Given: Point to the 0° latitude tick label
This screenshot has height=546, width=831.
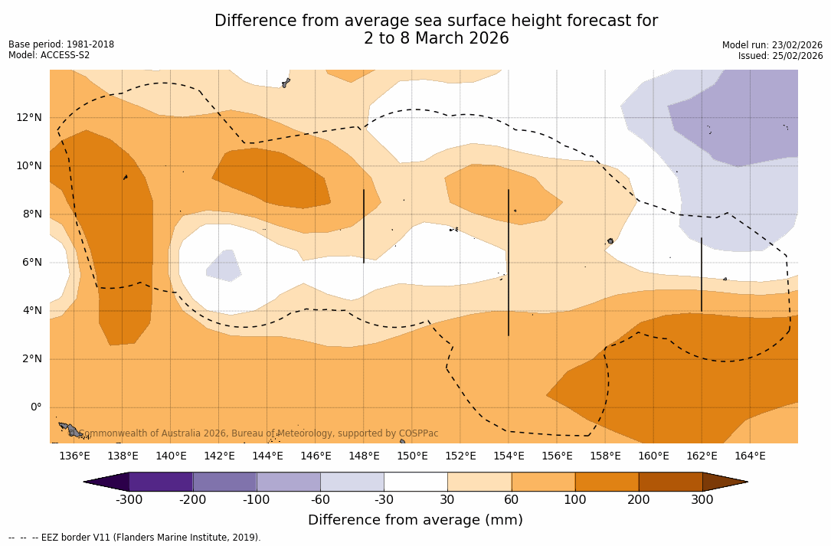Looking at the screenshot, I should pos(35,407).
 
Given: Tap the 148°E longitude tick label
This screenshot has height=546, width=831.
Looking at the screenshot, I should pos(364,456).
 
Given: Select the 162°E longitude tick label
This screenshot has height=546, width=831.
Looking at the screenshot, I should pos(702,456).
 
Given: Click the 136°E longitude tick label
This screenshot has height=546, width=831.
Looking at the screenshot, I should pos(74,456).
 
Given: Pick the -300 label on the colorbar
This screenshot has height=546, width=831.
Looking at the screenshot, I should pos(129,500).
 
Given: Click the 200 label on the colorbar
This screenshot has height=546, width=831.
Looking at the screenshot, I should pos(639,500).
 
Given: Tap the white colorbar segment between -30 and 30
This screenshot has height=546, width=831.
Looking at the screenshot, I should pos(416,482).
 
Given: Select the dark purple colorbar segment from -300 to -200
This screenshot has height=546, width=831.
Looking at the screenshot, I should pos(161,482).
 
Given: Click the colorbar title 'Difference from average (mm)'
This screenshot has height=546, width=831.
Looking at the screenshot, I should pos(415,521).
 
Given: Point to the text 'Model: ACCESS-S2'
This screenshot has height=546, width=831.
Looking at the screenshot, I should pos(49,55).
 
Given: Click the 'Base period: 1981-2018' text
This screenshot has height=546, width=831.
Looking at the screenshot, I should pos(61,44).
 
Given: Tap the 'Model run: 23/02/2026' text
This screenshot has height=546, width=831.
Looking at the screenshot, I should pos(772,45).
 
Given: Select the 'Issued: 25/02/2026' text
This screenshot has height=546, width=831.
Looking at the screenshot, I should pos(780,56).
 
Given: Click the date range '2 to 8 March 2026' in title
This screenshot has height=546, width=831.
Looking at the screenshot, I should pos(436,39).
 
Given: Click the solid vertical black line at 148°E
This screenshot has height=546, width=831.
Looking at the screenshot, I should pos(364,227).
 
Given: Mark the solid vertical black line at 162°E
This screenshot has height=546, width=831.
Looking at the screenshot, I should pos(702,274).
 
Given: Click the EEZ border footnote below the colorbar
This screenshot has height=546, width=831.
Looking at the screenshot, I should pos(135,538).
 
